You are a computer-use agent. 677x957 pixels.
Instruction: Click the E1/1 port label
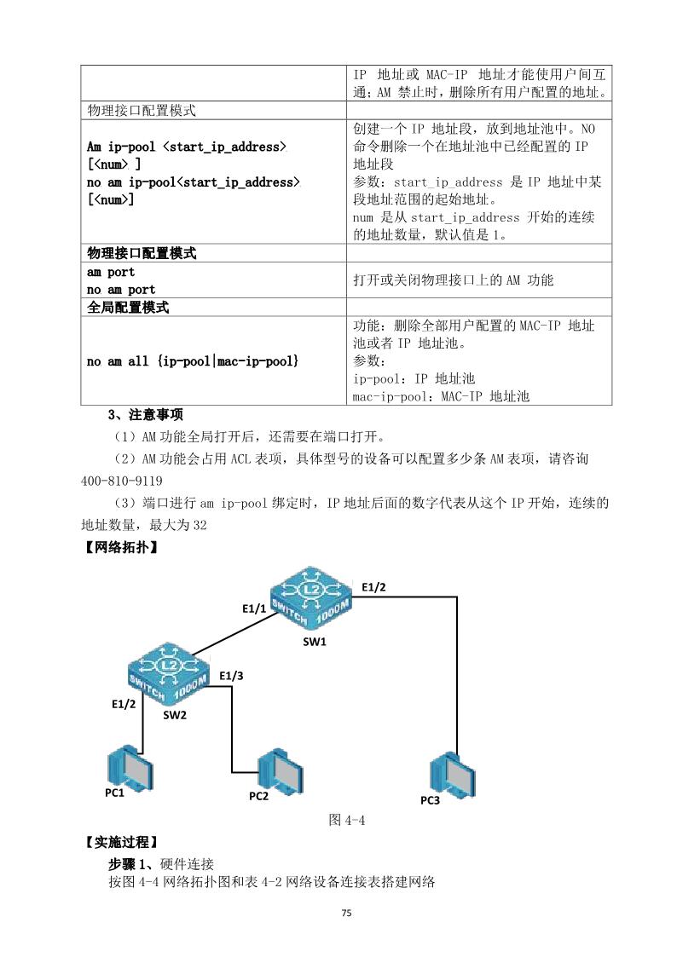(x=254, y=608)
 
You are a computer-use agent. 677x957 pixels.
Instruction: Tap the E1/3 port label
(x=231, y=676)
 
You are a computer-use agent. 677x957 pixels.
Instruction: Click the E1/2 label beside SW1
(x=373, y=586)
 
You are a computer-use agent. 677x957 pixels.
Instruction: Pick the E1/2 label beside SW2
(x=124, y=704)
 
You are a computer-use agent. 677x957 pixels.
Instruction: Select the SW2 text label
(x=175, y=715)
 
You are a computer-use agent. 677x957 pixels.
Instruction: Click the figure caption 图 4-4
(x=347, y=820)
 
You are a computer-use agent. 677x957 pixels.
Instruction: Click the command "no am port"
(x=121, y=290)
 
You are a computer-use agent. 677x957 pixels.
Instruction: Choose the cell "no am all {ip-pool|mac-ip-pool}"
(x=193, y=362)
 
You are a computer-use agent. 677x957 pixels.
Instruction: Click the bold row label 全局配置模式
(x=128, y=308)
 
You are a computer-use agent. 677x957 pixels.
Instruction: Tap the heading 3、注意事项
(x=145, y=415)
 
